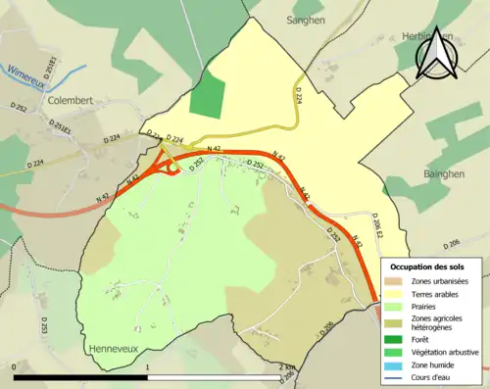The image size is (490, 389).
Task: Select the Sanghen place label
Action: tap(306, 20)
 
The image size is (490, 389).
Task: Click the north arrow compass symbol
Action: tap(435, 53)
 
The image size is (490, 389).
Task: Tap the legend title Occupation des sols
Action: tap(428, 267)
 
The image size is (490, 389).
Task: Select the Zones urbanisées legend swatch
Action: tap(397, 282)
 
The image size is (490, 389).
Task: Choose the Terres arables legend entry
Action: tap(437, 295)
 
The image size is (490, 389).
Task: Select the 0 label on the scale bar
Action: tap(14, 367)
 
